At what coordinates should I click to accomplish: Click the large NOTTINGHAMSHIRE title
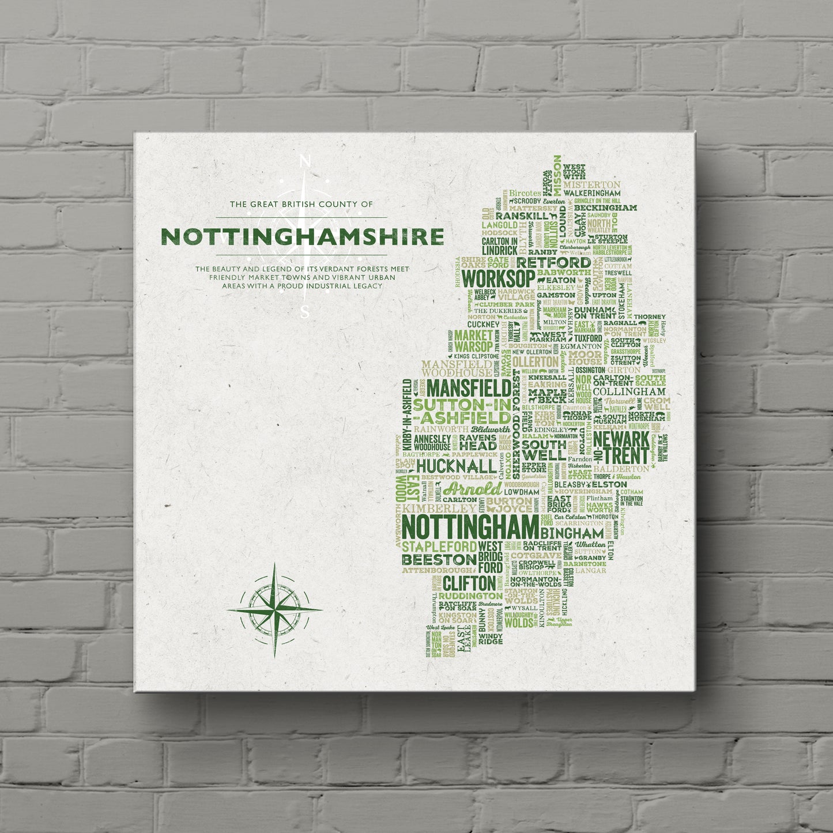302,236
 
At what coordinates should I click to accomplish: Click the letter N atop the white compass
306,163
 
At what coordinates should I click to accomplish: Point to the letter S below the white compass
306,312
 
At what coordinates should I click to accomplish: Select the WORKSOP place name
498,278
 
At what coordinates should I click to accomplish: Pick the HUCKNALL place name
456,465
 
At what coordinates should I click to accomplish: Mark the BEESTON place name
439,559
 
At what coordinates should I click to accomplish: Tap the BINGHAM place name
572,533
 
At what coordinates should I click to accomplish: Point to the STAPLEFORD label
439,545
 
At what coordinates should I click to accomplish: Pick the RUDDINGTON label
470,595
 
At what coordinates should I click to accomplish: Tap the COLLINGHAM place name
629,391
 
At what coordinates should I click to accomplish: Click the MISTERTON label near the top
591,184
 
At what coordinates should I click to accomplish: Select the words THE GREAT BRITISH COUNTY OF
301,204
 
